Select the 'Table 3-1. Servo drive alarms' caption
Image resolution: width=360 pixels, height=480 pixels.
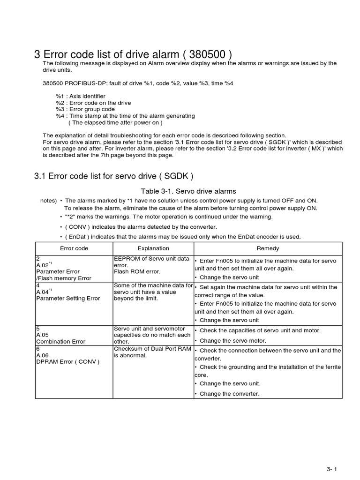click(188, 191)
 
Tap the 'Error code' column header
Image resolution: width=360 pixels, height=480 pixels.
click(74, 248)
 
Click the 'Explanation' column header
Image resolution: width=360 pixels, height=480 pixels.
click(153, 248)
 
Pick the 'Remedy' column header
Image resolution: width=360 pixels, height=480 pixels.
click(268, 248)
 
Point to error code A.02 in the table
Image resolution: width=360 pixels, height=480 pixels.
click(44, 265)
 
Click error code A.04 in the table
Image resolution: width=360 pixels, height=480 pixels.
click(44, 292)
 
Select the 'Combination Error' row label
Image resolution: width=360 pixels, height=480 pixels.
click(60, 342)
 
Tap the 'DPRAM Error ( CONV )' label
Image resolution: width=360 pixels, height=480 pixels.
click(67, 362)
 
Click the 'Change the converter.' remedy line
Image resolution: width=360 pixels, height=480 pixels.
click(229, 394)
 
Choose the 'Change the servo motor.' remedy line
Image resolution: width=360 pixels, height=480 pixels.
click(232, 341)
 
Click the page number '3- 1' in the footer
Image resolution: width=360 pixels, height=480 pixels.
click(332, 470)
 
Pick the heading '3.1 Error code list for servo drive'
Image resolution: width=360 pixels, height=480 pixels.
click(113, 176)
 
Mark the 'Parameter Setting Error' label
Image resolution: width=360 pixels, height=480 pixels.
click(67, 298)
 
